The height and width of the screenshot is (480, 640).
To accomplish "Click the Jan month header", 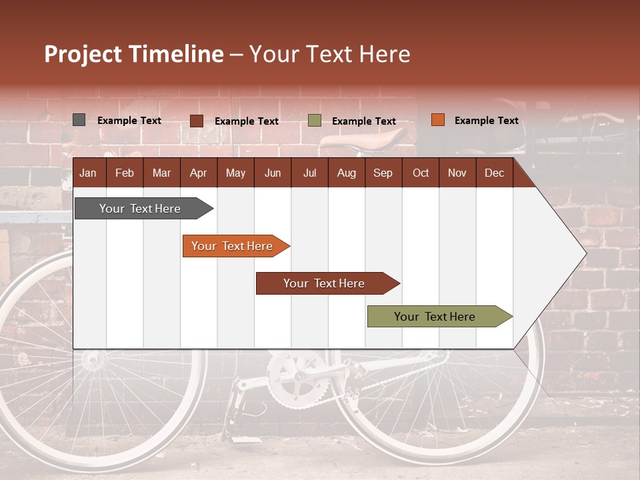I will click(88, 173).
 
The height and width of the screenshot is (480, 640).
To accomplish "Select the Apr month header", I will click(198, 173).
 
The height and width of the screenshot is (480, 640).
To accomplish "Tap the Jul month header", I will click(309, 173).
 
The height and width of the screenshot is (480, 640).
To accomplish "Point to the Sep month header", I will click(383, 173).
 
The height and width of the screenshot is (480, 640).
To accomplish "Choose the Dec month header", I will click(494, 173).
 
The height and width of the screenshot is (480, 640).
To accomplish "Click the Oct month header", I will click(421, 173).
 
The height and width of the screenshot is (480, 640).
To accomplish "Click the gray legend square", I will click(79, 120).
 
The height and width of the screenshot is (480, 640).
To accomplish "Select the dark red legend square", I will click(197, 121).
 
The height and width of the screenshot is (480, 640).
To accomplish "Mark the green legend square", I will click(315, 121).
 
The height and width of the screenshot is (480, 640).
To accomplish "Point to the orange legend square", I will click(437, 120).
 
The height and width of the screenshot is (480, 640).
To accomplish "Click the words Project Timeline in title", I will click(134, 54).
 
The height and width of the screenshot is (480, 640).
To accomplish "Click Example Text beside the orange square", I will click(486, 120).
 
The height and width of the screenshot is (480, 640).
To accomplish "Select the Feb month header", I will click(125, 173).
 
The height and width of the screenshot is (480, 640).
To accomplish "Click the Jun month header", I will click(273, 173).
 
